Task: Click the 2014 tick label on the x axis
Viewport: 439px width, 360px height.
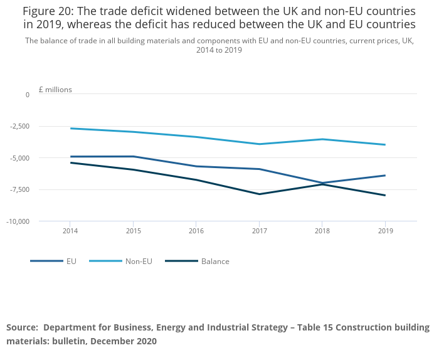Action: tap(70, 230)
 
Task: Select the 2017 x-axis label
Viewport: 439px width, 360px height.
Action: tap(258, 230)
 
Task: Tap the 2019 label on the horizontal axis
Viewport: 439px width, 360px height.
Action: tap(384, 230)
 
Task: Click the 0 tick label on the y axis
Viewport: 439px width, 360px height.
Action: tap(27, 95)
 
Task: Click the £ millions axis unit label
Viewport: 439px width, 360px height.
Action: tap(55, 90)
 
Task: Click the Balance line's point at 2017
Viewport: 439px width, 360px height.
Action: tap(259, 194)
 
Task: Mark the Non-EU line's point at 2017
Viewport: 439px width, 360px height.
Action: tap(259, 144)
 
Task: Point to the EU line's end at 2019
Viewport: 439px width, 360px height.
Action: tap(384, 176)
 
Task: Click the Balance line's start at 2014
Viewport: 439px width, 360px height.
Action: tap(71, 163)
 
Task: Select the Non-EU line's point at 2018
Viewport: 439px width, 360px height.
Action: tap(322, 139)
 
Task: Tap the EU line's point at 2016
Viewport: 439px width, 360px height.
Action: tap(196, 166)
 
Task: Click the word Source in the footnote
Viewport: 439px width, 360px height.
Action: tap(21, 327)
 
